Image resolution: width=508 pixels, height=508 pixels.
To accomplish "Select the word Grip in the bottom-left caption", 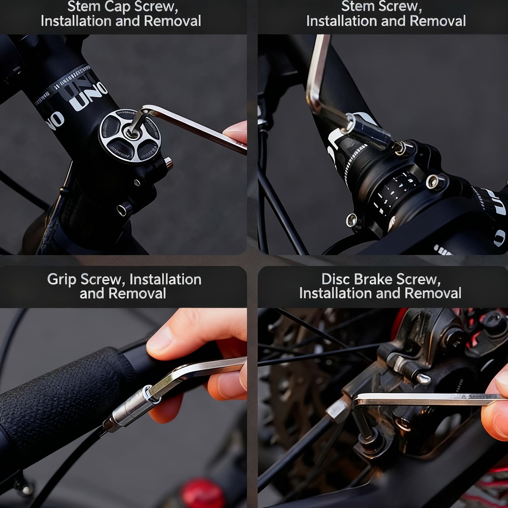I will [62, 279].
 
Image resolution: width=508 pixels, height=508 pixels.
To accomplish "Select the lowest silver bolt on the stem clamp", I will [352, 220].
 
